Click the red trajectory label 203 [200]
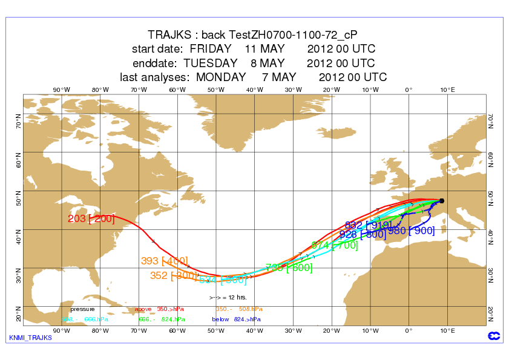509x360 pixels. click(x=91, y=219)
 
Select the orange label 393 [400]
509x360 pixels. click(x=165, y=261)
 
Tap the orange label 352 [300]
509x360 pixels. click(x=174, y=275)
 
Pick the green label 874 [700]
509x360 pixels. click(x=335, y=246)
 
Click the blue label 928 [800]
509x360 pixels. click(x=361, y=235)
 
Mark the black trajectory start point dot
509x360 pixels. click(x=442, y=201)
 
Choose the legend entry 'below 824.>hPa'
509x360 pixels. click(x=236, y=319)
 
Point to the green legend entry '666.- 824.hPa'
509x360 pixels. click(x=162, y=319)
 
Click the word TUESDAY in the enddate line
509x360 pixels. click(x=210, y=63)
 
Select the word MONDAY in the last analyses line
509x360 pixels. click(x=221, y=77)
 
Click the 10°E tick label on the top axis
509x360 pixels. click(x=447, y=90)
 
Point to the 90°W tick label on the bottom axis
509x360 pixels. click(x=61, y=330)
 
